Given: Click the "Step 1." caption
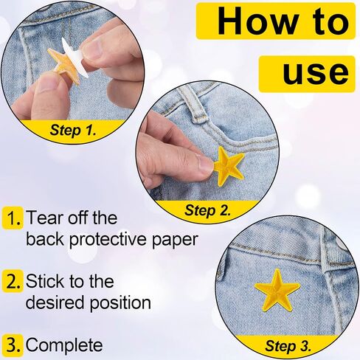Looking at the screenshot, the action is [72, 130].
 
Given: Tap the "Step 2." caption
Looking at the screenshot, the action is [208, 210].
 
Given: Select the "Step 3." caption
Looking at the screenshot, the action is [288, 346].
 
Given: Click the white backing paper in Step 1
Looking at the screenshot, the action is [73, 58].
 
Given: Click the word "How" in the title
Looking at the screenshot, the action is [257, 21].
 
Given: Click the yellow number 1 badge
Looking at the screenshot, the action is [13, 218].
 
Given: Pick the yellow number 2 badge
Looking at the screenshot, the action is [13, 281].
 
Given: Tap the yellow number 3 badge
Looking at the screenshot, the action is [13, 345].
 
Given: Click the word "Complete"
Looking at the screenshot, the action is [64, 345].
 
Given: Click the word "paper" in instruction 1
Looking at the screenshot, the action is [174, 240].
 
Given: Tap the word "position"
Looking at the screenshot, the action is [120, 302].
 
